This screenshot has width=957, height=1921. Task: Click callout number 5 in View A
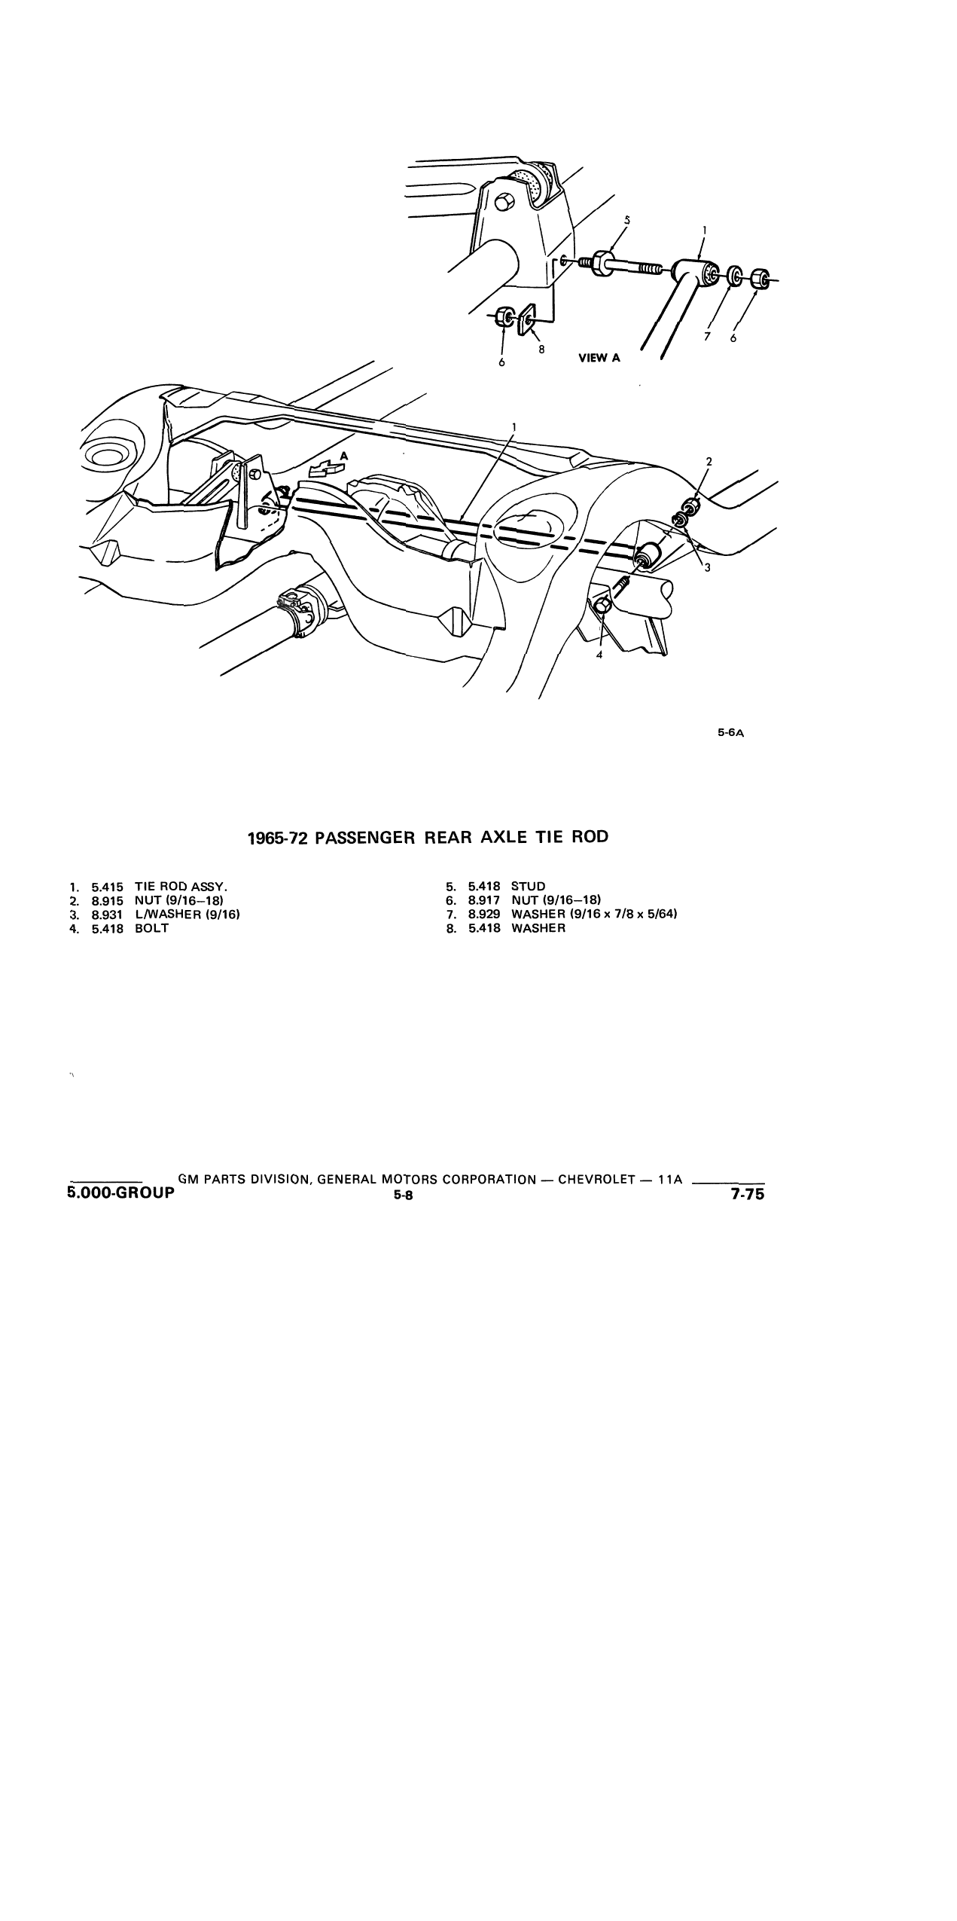(627, 220)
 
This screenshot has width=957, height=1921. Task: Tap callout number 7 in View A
(706, 337)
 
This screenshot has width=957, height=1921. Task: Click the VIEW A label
(599, 358)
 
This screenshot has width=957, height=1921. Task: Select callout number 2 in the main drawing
(709, 461)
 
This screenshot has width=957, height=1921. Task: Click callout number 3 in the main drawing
(707, 568)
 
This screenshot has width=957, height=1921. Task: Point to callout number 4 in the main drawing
(599, 655)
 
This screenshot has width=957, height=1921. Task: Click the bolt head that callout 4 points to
(602, 605)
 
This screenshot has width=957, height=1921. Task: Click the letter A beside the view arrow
(344, 455)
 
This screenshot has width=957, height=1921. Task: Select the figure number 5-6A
(730, 731)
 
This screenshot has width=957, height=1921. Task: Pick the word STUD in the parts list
(528, 886)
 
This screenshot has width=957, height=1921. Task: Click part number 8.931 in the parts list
(108, 915)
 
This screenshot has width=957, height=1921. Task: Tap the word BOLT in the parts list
(152, 928)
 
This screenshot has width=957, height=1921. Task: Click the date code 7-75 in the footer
(747, 1193)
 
